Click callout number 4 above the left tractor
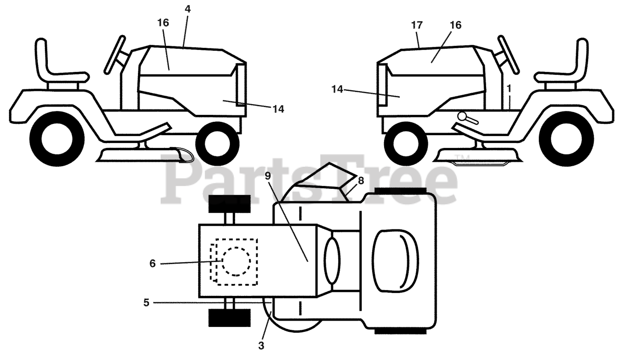click(188, 8)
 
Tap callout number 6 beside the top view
click(152, 263)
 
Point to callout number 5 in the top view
click(146, 302)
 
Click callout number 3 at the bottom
click(261, 346)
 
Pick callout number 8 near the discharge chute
click(361, 180)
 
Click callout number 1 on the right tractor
click(509, 88)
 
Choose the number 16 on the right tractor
click(456, 25)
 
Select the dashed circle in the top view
click(236, 260)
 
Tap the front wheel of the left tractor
click(217, 144)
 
